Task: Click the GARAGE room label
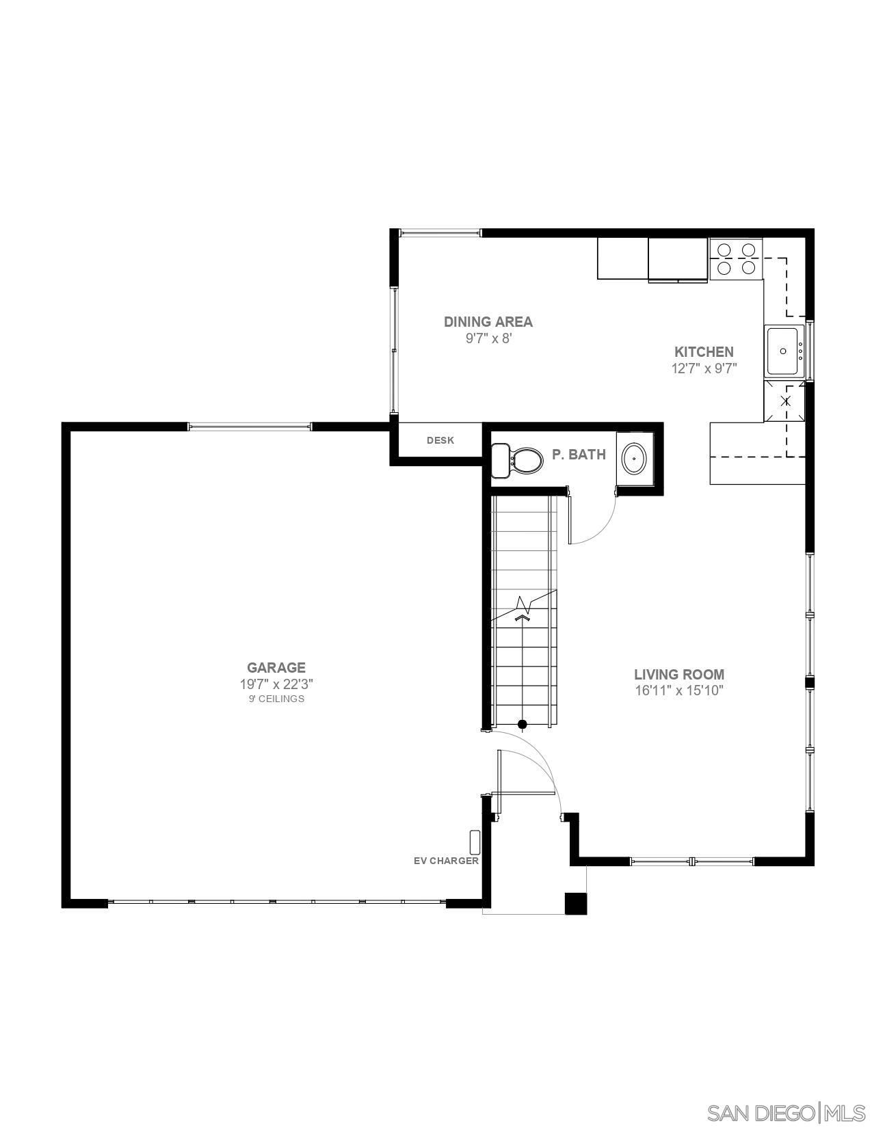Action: [276, 667]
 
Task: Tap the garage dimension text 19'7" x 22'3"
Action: [276, 684]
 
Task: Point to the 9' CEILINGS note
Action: [276, 699]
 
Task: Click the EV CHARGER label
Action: [446, 861]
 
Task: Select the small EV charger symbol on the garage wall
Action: [475, 842]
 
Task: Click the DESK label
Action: [440, 440]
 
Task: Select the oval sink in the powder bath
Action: [634, 459]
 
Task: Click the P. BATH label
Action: [579, 454]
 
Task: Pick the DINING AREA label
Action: [488, 321]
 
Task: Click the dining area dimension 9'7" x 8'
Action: [488, 338]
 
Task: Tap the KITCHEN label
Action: [704, 352]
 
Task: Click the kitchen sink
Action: [784, 351]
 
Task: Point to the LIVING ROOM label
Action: [678, 674]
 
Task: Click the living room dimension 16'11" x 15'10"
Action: [678, 690]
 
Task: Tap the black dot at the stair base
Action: [523, 724]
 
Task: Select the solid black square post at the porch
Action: [575, 903]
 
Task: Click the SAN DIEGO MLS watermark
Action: [786, 1112]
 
